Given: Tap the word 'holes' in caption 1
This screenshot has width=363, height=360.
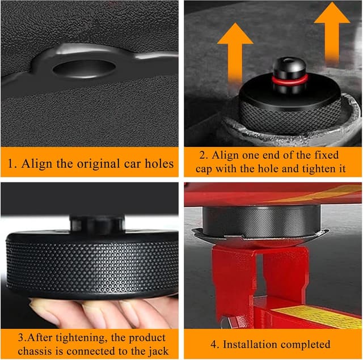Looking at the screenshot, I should (158, 164).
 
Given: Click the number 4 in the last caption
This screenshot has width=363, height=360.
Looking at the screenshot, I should (214, 344).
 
